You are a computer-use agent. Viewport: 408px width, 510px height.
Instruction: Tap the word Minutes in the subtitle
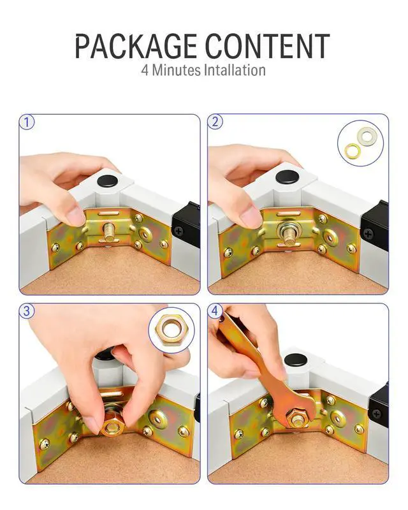point(177,70)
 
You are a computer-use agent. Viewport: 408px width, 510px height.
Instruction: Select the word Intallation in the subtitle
point(235,70)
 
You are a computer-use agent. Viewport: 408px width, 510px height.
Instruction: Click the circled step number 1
point(27,122)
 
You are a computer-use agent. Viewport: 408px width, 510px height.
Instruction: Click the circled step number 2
point(215,122)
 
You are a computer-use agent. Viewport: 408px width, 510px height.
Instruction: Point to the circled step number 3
point(27,311)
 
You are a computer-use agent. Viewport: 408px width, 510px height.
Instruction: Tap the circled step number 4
point(215,311)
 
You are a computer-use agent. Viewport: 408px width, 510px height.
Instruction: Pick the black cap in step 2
point(288,177)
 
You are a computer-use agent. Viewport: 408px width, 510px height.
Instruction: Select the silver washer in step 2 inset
point(365,135)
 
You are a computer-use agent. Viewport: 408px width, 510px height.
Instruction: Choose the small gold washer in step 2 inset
point(352,150)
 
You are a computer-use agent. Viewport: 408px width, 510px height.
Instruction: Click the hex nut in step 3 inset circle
point(171,331)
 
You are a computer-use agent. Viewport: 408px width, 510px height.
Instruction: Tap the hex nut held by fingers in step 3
point(113,425)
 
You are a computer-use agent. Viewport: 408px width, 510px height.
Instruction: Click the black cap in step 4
point(296,360)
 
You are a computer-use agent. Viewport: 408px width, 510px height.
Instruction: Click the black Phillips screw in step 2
point(368,234)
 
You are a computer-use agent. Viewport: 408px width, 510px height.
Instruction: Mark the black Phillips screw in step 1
point(178,231)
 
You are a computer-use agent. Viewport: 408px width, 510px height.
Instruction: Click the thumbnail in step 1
point(75,216)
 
